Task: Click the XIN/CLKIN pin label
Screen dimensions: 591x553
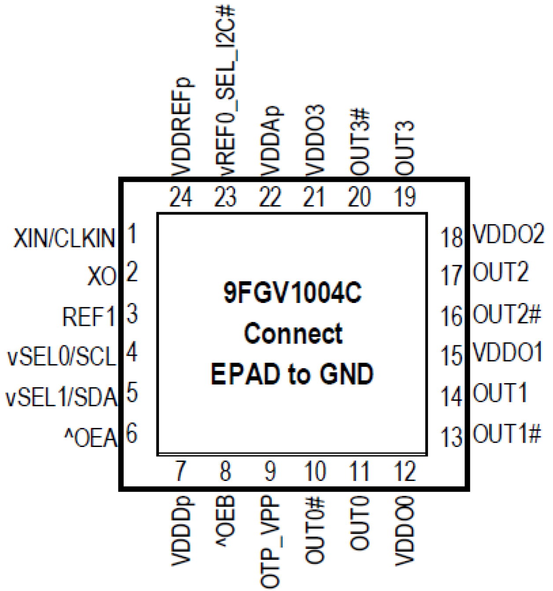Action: (x=64, y=238)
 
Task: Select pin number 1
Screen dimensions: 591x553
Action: (x=131, y=233)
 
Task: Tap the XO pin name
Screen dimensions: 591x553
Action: (x=102, y=277)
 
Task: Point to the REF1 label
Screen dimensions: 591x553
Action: (x=88, y=317)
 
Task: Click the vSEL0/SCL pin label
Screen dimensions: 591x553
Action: (x=62, y=357)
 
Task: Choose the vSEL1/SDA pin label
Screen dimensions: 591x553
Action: (x=61, y=397)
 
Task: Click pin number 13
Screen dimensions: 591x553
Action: (x=452, y=437)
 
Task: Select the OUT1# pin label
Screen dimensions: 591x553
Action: (x=506, y=433)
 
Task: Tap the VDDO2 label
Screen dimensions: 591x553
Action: (x=508, y=234)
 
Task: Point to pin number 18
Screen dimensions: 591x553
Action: (x=452, y=238)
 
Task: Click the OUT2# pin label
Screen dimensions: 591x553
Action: (x=506, y=314)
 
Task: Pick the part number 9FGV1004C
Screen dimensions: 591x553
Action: (x=292, y=292)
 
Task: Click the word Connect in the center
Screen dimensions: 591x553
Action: (x=293, y=333)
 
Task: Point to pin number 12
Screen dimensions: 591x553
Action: (x=405, y=471)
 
